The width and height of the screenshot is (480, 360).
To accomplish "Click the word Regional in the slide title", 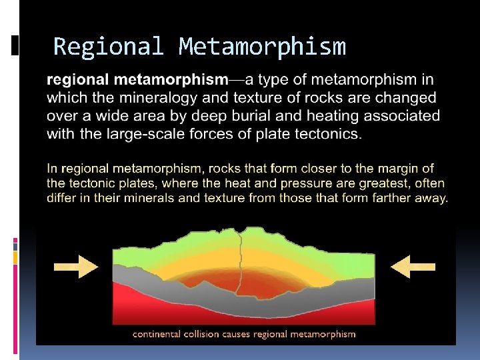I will (109, 47).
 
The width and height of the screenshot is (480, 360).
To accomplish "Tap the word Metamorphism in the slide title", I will (262, 47).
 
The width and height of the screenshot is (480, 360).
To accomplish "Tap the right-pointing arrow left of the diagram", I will (75, 266).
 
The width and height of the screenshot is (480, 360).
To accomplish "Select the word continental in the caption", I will (161, 334).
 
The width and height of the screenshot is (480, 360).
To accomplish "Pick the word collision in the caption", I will (211, 334).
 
